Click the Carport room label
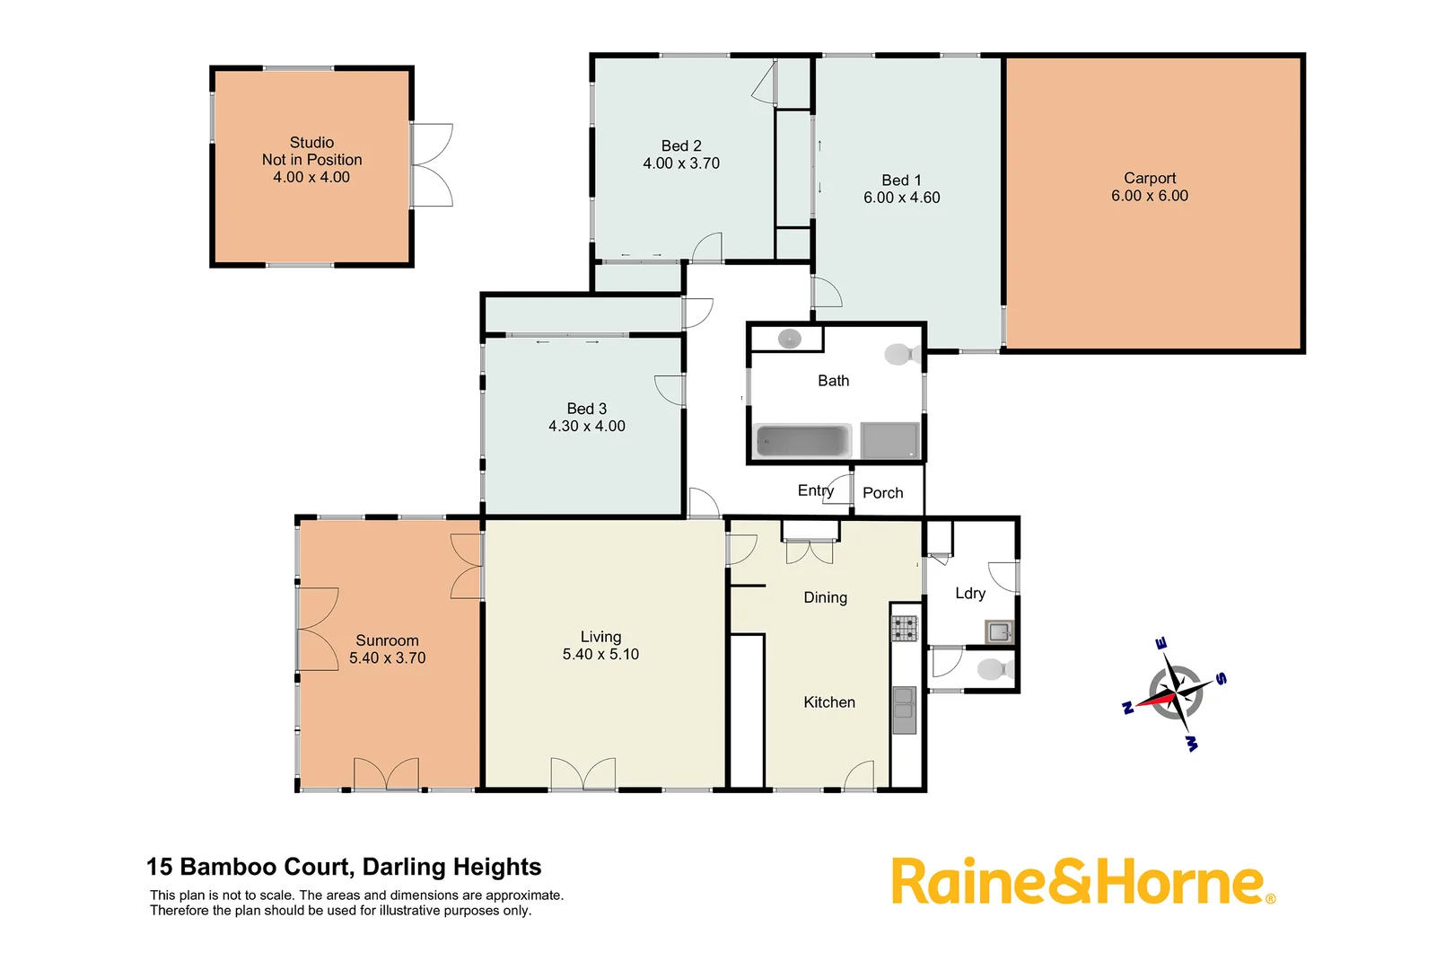tap(1149, 178)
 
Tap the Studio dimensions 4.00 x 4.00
tap(311, 177)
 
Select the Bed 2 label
tap(681, 145)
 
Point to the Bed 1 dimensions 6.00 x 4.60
tap(901, 198)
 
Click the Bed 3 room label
tap(586, 409)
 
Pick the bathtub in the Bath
tap(802, 441)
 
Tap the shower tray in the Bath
tap(889, 441)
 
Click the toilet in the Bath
tap(900, 354)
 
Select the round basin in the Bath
tap(789, 339)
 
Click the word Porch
tap(882, 493)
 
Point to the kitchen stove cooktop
tap(904, 628)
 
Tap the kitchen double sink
tap(904, 710)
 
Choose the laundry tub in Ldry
tap(999, 631)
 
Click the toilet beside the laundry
tap(994, 669)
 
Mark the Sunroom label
tap(387, 640)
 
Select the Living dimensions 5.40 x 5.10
tap(600, 655)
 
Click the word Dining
tap(825, 597)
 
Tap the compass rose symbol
tap(1175, 693)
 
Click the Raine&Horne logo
tap(1082, 882)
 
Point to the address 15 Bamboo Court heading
tap(344, 867)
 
